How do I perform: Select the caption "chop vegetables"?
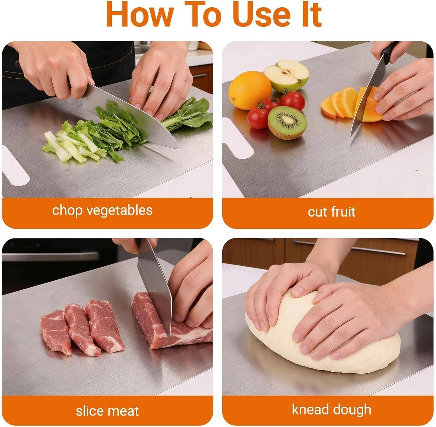point(102,210)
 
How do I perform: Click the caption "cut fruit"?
point(331,212)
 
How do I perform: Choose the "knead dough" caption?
point(331,410)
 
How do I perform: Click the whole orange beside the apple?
point(250,90)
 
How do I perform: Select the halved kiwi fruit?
point(287,122)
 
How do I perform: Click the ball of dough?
point(323,335)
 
